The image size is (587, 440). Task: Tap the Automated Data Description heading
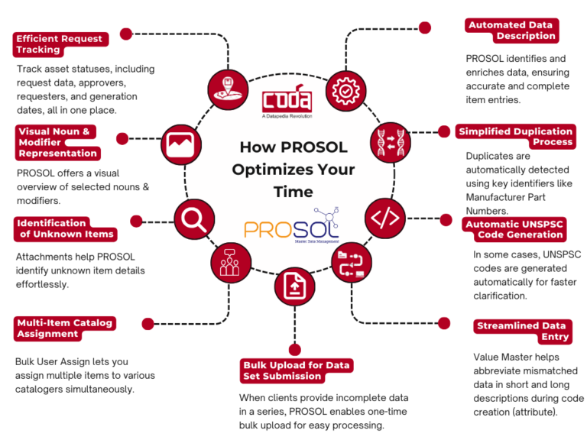coord(510,31)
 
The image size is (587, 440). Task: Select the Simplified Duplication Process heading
coord(516,137)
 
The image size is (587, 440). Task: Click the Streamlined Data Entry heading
coord(522,331)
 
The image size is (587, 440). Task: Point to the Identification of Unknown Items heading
coord(65,228)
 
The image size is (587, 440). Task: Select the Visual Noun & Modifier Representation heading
coord(58,142)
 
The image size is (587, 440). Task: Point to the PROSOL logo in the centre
coord(294,227)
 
